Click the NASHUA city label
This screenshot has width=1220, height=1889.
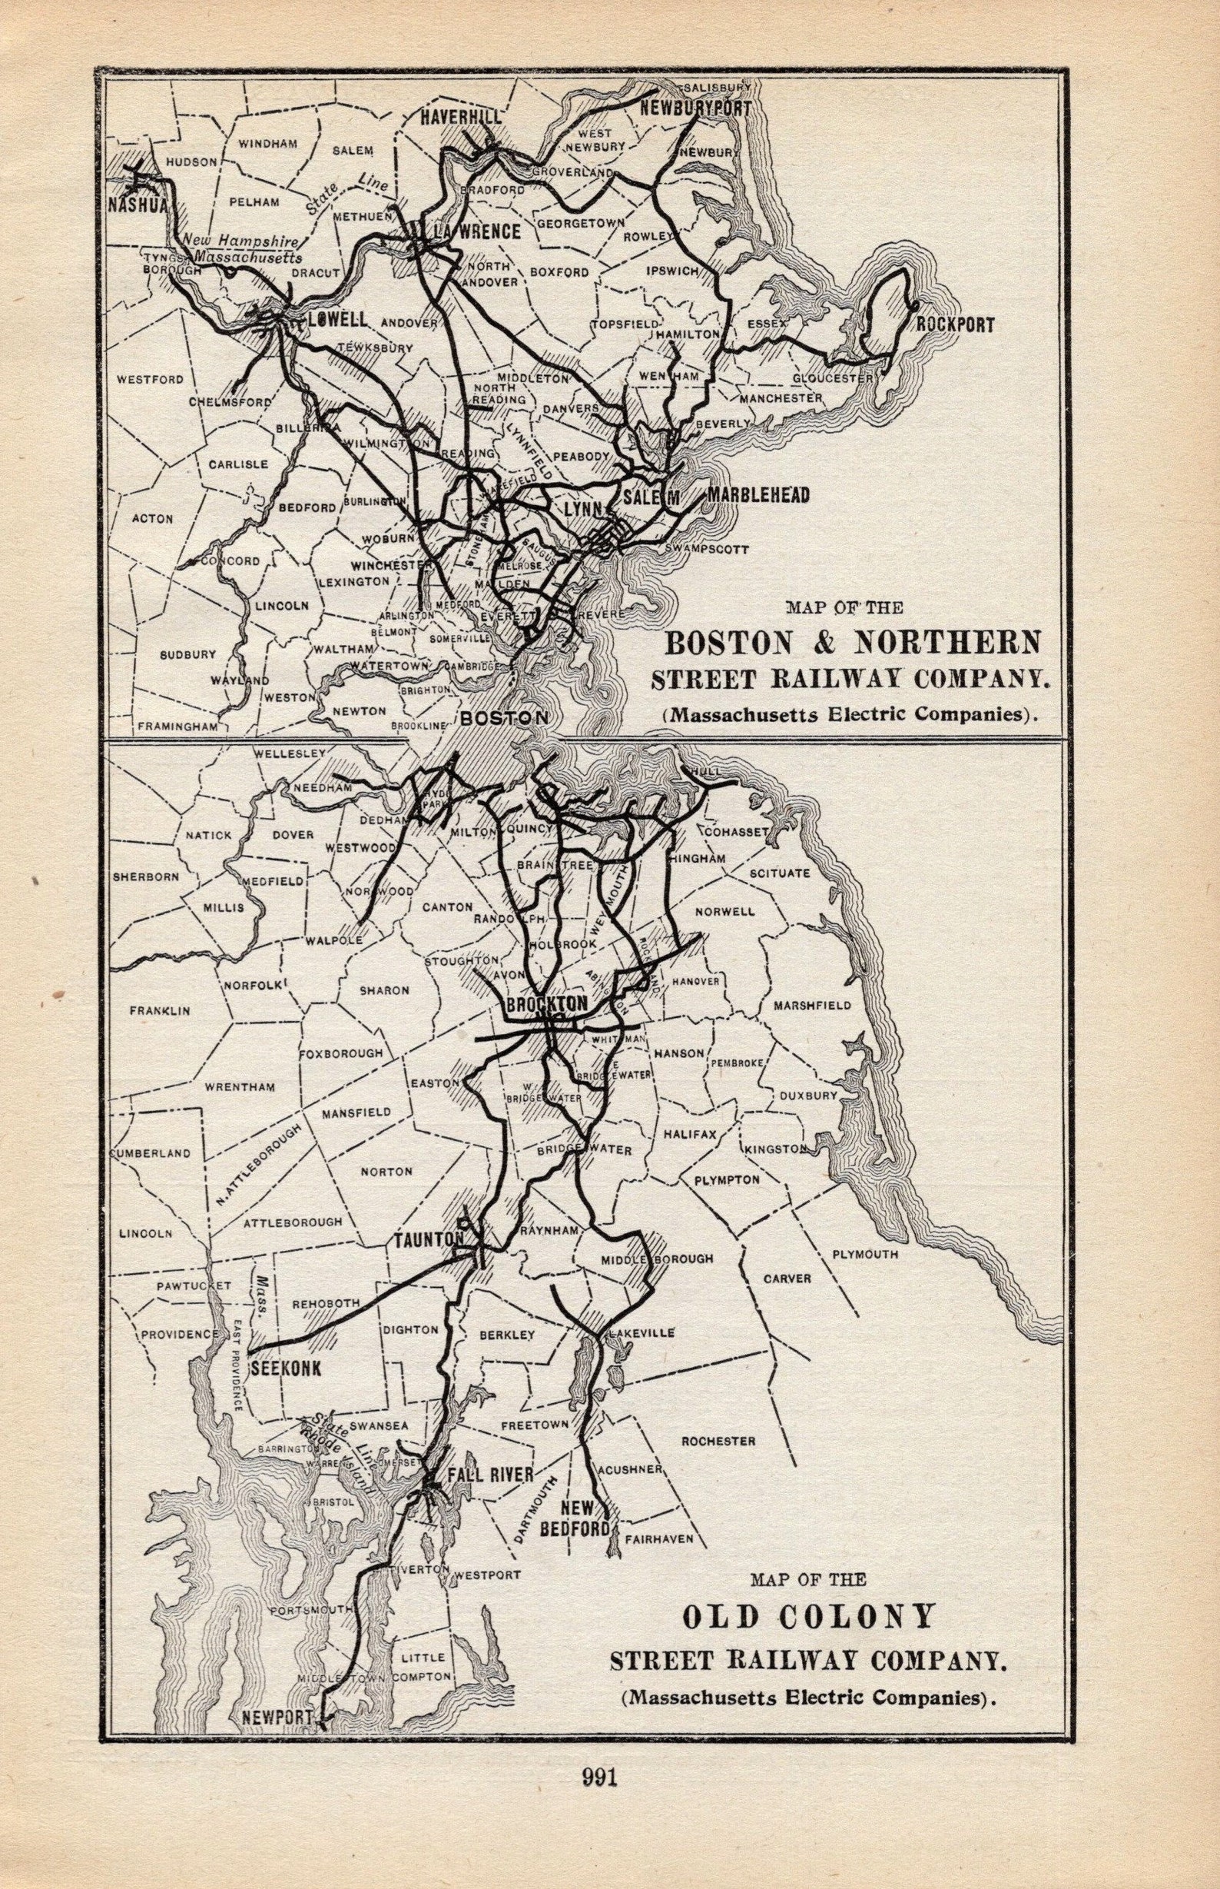(x=139, y=205)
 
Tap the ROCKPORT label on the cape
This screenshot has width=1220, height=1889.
(x=955, y=325)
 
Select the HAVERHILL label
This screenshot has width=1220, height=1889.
(x=460, y=118)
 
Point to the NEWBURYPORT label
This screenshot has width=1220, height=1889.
(x=695, y=109)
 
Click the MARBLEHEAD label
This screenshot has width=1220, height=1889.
(x=759, y=495)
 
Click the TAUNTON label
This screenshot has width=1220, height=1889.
(x=429, y=1239)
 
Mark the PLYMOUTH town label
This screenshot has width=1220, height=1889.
(x=864, y=1255)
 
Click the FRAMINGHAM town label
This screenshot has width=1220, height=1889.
(x=177, y=725)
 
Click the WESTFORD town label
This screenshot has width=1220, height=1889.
(x=151, y=380)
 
